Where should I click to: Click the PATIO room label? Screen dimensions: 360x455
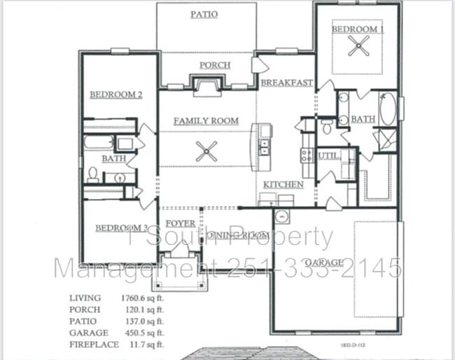(x=204, y=14)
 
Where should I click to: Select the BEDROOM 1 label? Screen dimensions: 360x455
(x=357, y=29)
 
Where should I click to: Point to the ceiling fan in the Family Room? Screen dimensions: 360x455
(x=206, y=151)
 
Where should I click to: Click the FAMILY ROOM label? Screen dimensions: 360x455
(x=206, y=120)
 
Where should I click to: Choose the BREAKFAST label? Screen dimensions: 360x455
(x=286, y=83)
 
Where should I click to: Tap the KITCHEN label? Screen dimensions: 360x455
(x=283, y=184)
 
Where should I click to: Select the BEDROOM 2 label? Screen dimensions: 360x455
(x=115, y=94)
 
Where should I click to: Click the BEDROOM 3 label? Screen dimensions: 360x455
(x=121, y=228)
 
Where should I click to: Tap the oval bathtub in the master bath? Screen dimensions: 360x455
(x=388, y=111)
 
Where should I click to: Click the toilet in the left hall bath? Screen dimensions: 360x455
(x=92, y=174)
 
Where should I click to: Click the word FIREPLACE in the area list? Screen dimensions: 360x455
(x=92, y=344)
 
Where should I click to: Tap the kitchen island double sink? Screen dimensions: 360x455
(x=265, y=147)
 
